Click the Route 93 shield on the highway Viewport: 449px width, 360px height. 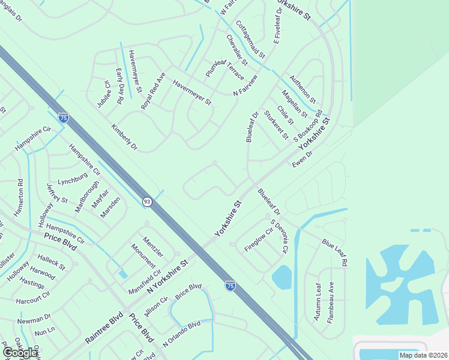click(x=147, y=202)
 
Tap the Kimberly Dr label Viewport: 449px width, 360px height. click(x=124, y=137)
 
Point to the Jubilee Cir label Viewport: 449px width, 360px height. click(x=104, y=94)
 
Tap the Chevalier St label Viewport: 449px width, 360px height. click(x=237, y=50)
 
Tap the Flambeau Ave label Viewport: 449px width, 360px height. click(x=331, y=303)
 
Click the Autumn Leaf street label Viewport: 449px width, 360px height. click(x=318, y=302)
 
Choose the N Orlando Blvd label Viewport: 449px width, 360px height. click(x=181, y=334)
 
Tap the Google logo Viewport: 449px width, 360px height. click(x=20, y=352)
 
